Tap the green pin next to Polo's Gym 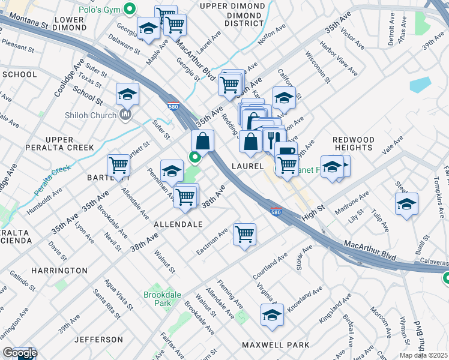click(129, 9)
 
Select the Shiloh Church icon click(126, 113)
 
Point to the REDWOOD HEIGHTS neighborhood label click(353, 143)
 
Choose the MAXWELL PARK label click(276, 345)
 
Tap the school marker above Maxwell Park click(272, 315)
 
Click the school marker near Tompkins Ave click(406, 204)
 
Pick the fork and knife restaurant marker click(271, 140)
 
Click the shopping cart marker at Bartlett click(118, 166)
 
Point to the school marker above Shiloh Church click(127, 94)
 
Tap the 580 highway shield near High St click(276, 212)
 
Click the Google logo click(19, 353)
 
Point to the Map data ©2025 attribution click(423, 355)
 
